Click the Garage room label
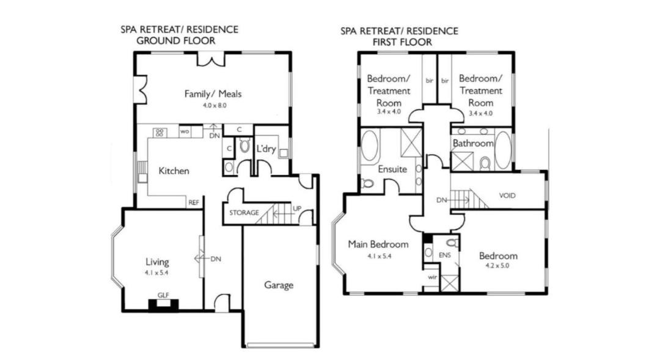coord(279,285)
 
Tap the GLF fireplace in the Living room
coord(163,305)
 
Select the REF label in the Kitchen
coord(194,202)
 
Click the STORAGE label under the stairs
coord(244,213)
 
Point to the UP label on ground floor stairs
coord(297,208)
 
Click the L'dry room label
coord(266,149)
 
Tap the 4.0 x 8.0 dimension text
coord(215,105)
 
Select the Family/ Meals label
coord(213,94)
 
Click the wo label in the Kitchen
coord(185,132)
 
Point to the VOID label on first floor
coord(507,196)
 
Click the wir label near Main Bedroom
coord(432,277)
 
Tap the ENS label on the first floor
coord(444,255)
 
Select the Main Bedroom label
coord(378,244)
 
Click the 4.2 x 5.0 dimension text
coord(497,266)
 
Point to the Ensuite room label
coord(392,169)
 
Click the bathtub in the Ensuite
coord(370,145)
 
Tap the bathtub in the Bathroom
coord(502,150)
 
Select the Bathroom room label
coord(473,143)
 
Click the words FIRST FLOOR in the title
coord(402,42)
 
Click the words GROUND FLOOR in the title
coord(176,41)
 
